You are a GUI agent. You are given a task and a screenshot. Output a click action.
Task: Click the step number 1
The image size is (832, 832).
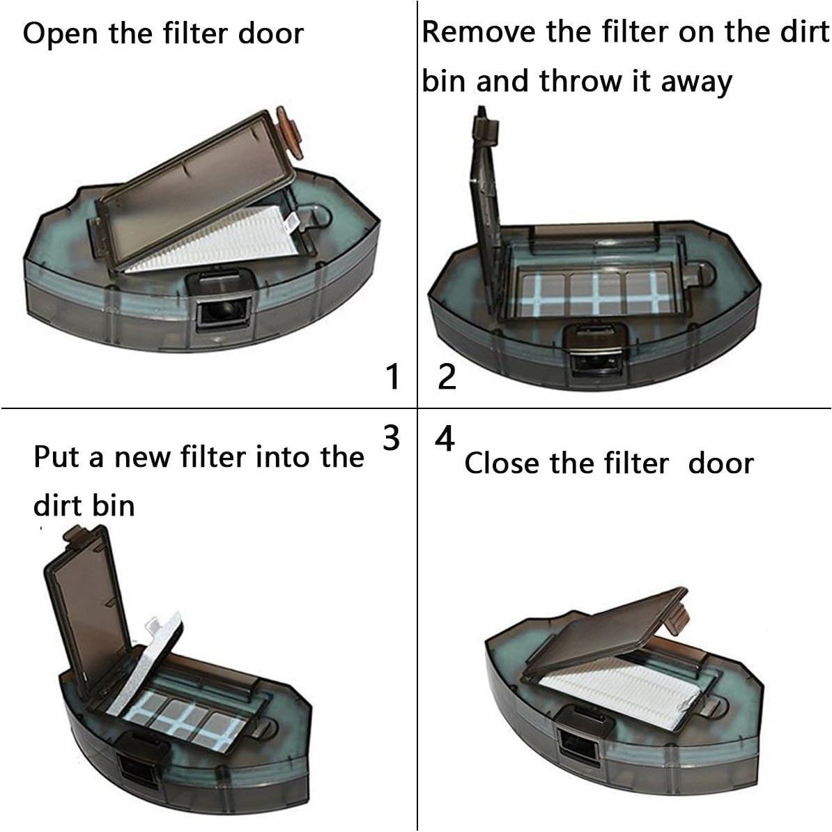[393, 377]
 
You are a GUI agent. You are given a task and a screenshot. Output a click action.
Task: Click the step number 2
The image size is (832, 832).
[447, 377]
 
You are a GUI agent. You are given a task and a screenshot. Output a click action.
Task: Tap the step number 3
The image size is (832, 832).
[392, 438]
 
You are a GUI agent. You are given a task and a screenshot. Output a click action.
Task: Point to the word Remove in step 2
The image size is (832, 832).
[479, 32]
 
